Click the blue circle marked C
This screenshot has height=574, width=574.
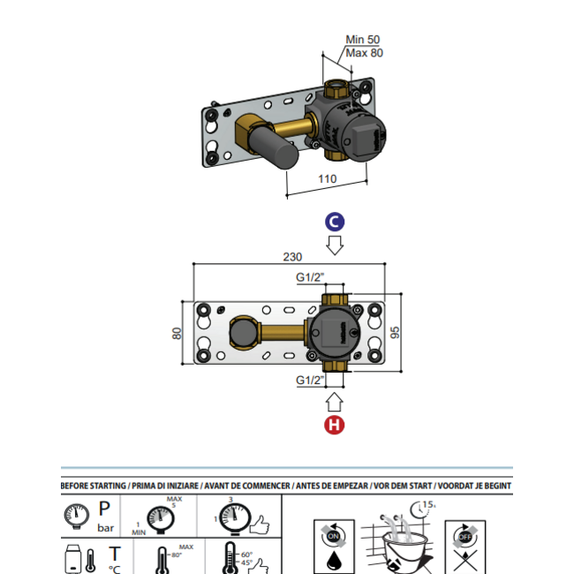[335, 221]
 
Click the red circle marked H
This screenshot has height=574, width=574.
[334, 425]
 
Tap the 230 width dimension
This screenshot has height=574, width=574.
[292, 257]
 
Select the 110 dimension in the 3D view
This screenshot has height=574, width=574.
[327, 178]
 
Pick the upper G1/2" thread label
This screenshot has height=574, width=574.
[310, 277]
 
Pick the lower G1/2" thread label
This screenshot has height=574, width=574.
[310, 381]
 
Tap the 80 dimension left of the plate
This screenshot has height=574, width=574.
[177, 333]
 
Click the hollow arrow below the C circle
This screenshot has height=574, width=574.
[335, 244]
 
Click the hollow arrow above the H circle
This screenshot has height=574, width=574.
[334, 403]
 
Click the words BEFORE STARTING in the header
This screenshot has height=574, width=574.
[93, 485]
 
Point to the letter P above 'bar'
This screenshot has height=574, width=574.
[104, 510]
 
